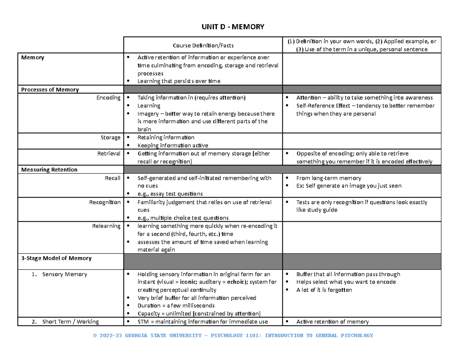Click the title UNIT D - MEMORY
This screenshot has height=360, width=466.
pos(233,27)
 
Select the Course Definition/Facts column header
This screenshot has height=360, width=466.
pos(203,46)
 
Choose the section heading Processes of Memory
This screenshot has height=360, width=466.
pos(50,89)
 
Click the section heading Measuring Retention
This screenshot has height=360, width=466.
pos(49,170)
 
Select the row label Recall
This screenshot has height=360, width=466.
pos(113,178)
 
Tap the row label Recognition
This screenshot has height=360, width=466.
pos(105,202)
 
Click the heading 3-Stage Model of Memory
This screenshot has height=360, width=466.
pos(56,258)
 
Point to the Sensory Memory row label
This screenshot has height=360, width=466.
pos(64,274)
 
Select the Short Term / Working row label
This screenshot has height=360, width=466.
pos(70,322)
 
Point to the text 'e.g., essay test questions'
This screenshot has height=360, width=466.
pos(170,194)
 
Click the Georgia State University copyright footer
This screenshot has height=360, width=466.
pos(233,336)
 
